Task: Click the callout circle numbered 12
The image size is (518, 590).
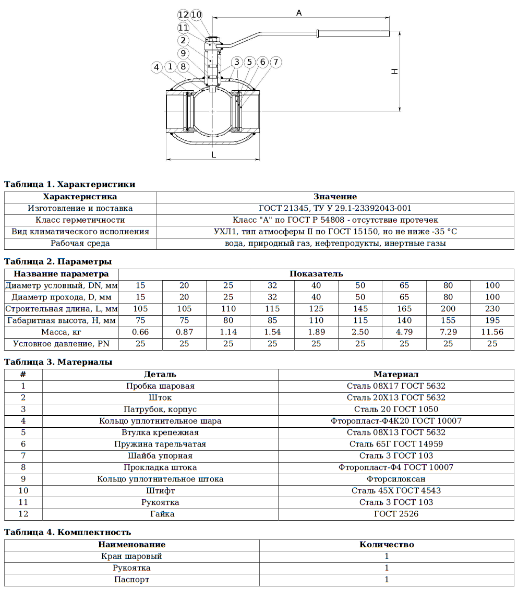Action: (183, 15)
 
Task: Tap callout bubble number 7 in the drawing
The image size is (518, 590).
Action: (276, 62)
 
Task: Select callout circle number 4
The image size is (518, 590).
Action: (156, 67)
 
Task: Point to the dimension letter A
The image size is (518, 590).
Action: (299, 13)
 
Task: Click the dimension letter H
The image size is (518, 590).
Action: (395, 70)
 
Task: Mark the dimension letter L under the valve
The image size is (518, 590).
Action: (213, 154)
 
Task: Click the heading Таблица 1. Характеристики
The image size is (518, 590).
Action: (69, 184)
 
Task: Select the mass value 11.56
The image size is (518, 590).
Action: (492, 332)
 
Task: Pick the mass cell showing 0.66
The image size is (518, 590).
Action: (140, 332)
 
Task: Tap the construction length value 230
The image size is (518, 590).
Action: (492, 308)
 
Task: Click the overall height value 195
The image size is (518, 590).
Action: (492, 320)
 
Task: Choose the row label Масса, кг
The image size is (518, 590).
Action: (62, 332)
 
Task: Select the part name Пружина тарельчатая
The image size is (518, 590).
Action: (160, 444)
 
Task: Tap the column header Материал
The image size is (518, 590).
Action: (396, 374)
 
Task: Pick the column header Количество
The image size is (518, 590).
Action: (387, 545)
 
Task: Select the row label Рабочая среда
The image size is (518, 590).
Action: (80, 243)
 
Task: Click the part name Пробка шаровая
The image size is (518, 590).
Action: (160, 386)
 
